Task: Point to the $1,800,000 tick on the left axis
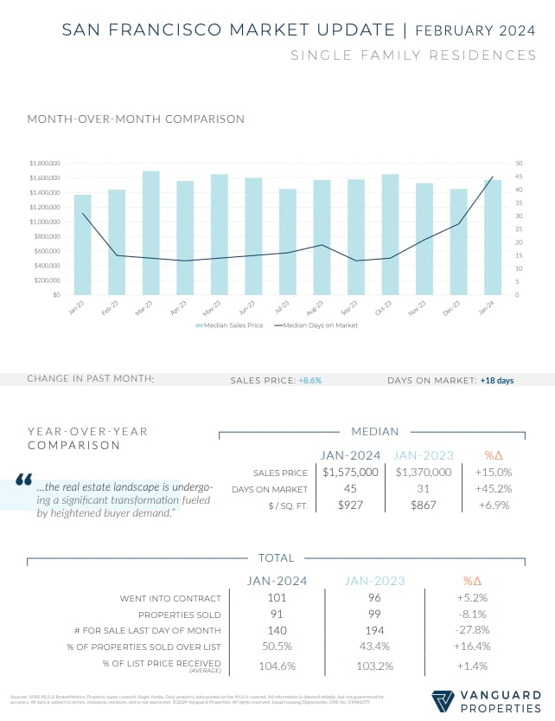[x=43, y=163]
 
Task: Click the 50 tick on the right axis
[x=518, y=163]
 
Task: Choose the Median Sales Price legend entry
[x=229, y=325]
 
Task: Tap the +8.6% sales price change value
[x=309, y=379]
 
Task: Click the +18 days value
[x=497, y=379]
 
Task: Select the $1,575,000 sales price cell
[x=350, y=472]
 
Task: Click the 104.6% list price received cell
[x=277, y=666]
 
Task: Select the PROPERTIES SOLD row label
[x=178, y=615]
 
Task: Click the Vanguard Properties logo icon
[x=443, y=698]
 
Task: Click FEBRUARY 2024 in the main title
[x=476, y=30]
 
